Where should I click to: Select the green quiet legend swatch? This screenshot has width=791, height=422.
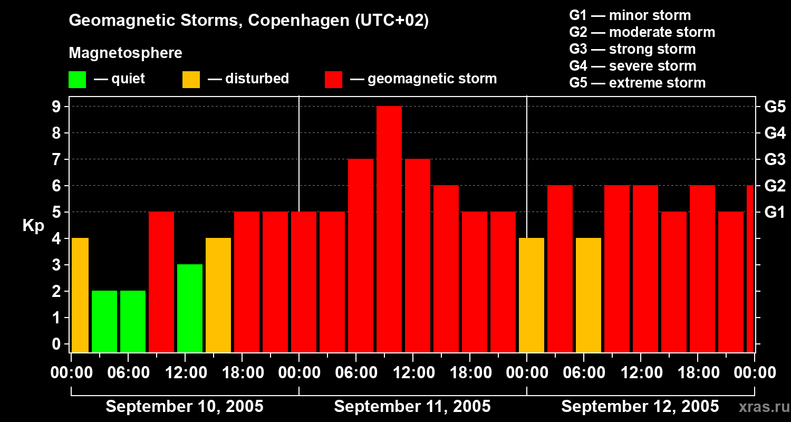(77, 80)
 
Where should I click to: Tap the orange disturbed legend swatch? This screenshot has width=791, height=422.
(191, 80)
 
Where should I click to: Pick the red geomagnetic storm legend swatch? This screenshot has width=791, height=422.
(333, 80)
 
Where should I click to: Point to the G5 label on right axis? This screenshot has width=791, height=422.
(775, 107)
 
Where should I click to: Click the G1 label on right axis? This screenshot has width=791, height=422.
(775, 213)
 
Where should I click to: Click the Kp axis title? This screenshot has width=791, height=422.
(33, 226)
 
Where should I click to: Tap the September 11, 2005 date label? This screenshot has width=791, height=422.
(412, 406)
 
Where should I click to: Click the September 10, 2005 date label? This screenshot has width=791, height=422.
(185, 406)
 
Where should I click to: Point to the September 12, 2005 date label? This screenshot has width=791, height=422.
(640, 406)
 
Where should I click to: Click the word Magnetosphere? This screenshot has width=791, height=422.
(126, 53)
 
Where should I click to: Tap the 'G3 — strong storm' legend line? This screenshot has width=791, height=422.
(632, 49)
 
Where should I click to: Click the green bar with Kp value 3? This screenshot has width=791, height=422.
(190, 309)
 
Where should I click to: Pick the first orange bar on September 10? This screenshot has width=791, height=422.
(80, 295)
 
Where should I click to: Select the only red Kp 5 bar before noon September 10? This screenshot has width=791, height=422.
(161, 282)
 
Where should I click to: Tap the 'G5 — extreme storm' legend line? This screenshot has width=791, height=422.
(637, 83)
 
